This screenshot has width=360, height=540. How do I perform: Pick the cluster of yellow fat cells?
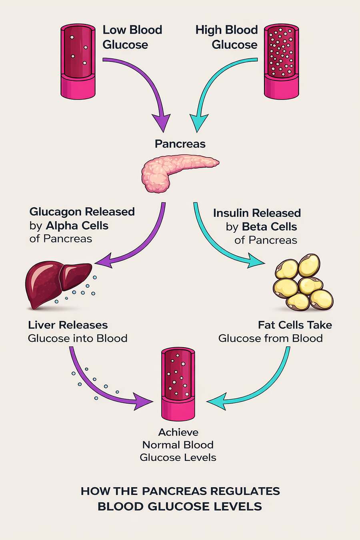pos(303,282)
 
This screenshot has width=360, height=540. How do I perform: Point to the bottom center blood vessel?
pos(178,384)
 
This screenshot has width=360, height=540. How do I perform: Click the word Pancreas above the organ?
pos(180,144)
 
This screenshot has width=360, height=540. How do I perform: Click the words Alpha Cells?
pos(77,226)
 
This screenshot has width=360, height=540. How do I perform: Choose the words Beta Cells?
pos(270,227)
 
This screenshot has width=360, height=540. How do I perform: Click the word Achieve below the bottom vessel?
pos(178,432)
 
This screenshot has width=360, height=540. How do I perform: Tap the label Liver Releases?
pos(68,325)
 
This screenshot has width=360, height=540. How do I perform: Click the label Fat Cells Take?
pos(295,325)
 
